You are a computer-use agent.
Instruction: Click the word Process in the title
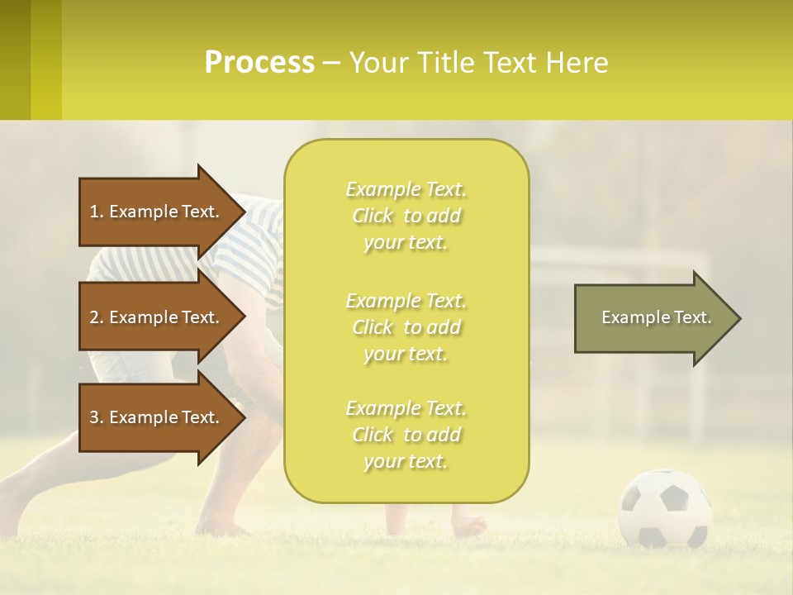[x=259, y=63]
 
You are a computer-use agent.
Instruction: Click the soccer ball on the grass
[x=665, y=508]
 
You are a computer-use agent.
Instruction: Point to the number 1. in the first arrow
[x=97, y=212]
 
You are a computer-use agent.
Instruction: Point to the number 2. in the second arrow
[x=97, y=317]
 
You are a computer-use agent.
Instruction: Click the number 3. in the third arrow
[x=97, y=417]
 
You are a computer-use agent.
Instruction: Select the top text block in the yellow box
[x=406, y=216]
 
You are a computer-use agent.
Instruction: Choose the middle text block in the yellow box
[x=406, y=327]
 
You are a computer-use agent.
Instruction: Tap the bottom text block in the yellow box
[x=406, y=435]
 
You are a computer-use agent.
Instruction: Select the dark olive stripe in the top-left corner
[x=15, y=59]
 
